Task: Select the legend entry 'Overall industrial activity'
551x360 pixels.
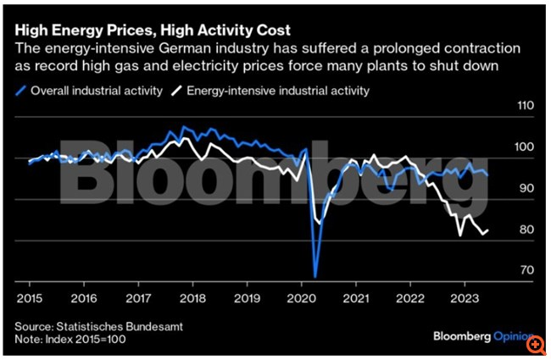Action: tap(95, 89)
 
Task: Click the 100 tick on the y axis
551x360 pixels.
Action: tap(526, 147)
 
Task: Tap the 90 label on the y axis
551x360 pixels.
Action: tap(526, 188)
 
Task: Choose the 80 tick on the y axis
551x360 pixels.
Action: tap(526, 230)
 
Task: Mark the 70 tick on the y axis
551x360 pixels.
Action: tap(526, 270)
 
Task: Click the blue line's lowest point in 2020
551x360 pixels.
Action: tap(315, 276)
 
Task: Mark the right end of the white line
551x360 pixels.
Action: tap(488, 230)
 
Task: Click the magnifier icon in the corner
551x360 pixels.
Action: tap(536, 346)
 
